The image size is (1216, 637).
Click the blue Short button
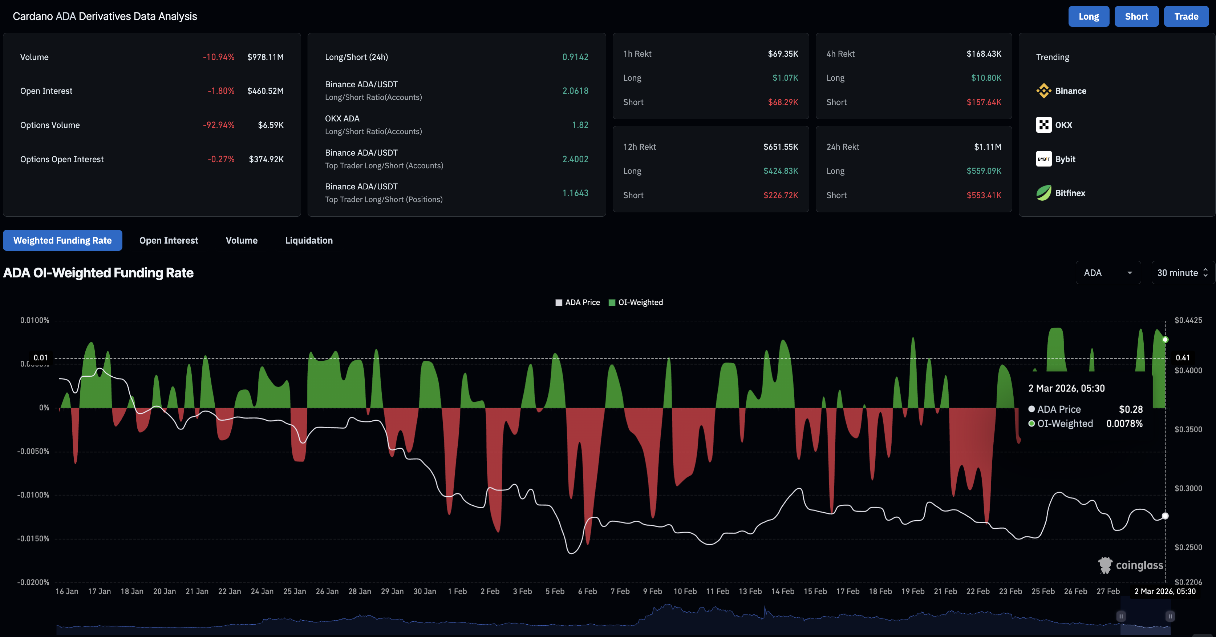1136,16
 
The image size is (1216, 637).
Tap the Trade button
1186,16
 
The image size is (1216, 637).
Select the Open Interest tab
169,241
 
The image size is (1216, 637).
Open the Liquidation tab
309,241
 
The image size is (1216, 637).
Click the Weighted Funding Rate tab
62,241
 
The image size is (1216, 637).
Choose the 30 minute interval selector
1182,273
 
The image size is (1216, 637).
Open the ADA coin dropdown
1107,273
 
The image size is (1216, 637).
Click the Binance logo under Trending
1043,91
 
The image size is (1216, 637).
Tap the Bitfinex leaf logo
1043,193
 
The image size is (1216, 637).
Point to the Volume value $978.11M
265,57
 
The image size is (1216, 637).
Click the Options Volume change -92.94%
219,125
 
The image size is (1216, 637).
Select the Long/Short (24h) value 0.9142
575,57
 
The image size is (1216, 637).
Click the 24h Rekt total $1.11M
988,147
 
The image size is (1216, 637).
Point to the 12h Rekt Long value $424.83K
780,171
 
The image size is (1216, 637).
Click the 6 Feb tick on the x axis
587,591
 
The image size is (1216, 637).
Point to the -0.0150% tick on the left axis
33,539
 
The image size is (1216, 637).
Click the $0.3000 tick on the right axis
1188,488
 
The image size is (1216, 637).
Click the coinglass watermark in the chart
1131,565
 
